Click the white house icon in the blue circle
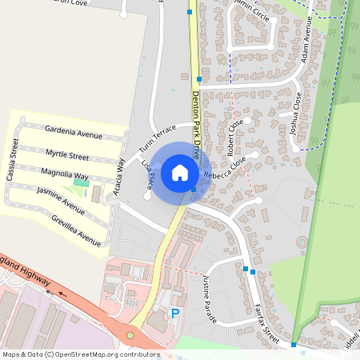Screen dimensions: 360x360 [x=180, y=173]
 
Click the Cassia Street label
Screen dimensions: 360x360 [x=13, y=160]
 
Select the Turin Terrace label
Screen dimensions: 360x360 [x=157, y=139]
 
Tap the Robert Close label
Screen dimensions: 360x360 [x=234, y=138]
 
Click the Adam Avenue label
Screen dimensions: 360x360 [x=310, y=47]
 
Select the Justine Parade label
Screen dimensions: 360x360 [x=210, y=293]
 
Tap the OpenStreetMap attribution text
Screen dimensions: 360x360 [x=80, y=354]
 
